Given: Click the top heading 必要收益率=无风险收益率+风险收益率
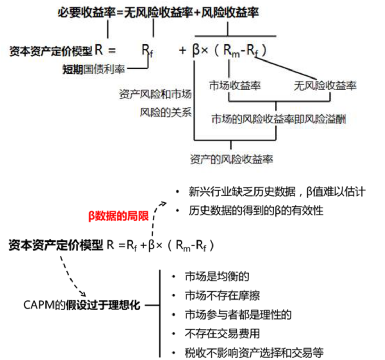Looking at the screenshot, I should coord(158,13).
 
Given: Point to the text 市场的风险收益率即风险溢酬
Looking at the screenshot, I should coord(279,119).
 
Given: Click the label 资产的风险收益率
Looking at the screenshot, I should coord(232,159).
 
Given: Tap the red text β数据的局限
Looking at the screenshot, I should coord(118,216).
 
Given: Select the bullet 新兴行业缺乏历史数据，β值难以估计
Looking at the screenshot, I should coord(277,191).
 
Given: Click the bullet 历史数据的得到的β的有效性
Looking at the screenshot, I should coord(256,210).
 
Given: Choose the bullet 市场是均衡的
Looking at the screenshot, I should coord(217,277).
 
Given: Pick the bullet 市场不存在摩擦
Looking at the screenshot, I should coord(222,296).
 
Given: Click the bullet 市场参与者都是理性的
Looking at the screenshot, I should coord(238,314).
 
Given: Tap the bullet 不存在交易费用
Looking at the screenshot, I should coord(222,334).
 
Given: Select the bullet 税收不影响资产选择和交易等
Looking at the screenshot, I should coord(254,352).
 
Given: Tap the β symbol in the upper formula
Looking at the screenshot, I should coord(195,51).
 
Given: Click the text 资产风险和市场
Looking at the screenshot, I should coord(155,95).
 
